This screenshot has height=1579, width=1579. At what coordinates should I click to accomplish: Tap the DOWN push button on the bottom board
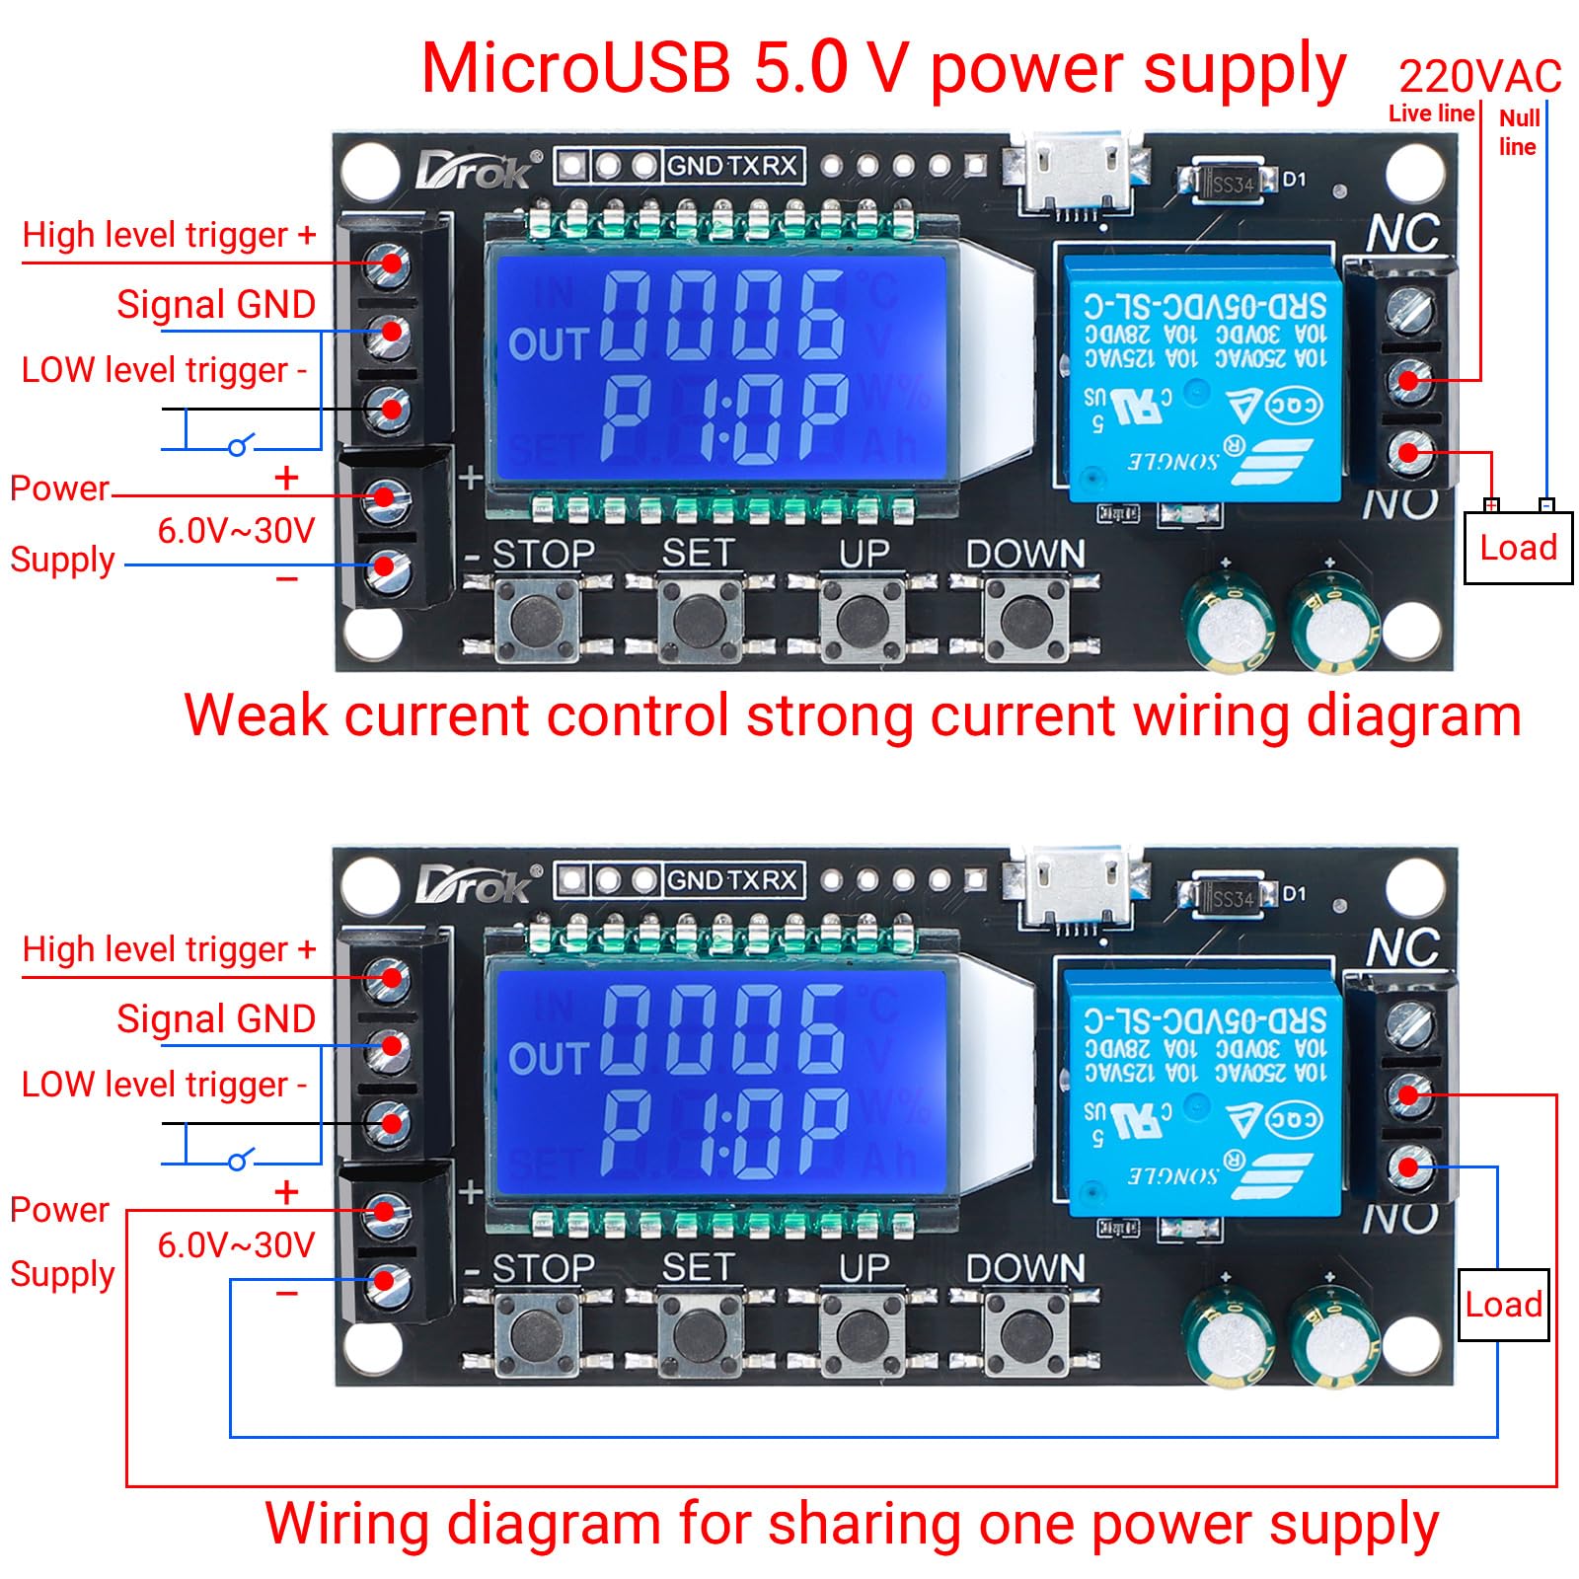coord(1026,1334)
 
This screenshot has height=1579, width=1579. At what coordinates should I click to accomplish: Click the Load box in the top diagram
coord(1517,548)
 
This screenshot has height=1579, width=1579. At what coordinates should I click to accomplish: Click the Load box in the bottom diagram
coord(1503,1305)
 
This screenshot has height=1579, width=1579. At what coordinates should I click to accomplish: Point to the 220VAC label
coord(1479,76)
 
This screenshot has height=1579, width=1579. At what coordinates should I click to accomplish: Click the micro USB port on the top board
coord(1077,173)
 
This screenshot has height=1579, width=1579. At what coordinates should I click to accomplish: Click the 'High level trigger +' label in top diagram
coord(169,235)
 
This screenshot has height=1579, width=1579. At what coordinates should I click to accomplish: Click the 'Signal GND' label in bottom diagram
coord(215,1018)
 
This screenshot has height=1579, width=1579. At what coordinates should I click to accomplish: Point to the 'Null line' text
coord(1518,132)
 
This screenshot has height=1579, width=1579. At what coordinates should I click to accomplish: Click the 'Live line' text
coord(1430,113)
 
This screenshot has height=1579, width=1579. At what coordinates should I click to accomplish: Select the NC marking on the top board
coord(1402,234)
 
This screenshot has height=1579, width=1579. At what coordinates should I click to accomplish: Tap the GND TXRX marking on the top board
coord(731,166)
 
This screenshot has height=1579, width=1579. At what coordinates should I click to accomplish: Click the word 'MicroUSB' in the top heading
coord(575,69)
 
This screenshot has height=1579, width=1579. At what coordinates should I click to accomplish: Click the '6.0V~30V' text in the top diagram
coord(235,531)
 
